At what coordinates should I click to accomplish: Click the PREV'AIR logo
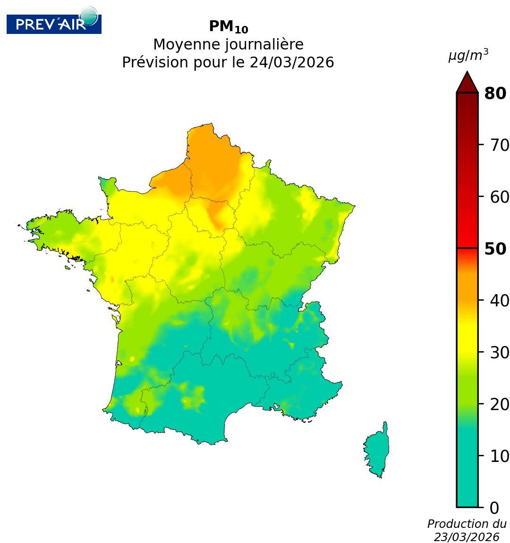(53, 24)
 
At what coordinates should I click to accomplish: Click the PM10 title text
(228, 27)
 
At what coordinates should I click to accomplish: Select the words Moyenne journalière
(228, 45)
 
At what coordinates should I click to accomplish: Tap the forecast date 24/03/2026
(291, 62)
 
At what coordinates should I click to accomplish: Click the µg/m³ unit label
(468, 56)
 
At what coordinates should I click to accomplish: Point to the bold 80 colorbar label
(495, 93)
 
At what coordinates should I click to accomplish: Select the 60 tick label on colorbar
(499, 197)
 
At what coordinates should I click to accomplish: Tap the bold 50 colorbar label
(495, 249)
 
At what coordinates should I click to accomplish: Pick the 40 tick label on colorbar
(499, 300)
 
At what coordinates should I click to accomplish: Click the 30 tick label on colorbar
(499, 352)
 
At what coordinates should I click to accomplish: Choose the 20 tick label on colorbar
(499, 404)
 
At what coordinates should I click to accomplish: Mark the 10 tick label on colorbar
(499, 456)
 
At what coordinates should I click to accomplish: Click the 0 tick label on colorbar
(494, 508)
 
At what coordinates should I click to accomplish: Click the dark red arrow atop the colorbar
(467, 83)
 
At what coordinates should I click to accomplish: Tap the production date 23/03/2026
(467, 537)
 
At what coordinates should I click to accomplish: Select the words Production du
(467, 524)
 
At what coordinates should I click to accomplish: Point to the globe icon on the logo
(88, 16)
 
